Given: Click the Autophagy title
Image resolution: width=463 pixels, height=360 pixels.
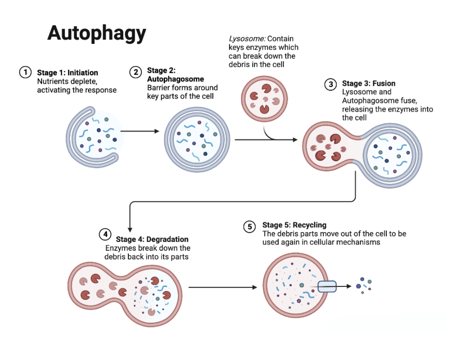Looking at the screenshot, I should [96, 33].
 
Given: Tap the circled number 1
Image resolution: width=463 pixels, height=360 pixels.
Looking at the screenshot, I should [25, 72].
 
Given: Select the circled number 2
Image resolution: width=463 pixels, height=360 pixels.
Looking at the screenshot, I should [136, 72].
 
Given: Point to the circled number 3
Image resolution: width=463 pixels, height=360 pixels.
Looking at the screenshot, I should [330, 85].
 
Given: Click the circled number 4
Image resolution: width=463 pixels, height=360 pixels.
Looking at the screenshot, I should [105, 234].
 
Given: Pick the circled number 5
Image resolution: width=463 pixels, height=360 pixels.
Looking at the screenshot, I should [250, 227].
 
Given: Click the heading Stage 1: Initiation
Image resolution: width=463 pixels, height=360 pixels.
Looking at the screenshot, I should [67, 73].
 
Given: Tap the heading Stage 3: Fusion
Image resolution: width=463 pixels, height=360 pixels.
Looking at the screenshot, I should [369, 84].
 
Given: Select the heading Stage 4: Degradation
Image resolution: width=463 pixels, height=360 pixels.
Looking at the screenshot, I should [152, 240].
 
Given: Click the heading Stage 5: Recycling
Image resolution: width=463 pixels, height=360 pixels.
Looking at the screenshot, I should [294, 225].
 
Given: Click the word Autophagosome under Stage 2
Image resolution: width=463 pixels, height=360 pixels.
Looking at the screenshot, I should [176, 79].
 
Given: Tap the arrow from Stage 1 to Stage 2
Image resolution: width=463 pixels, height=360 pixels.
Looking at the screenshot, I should [140, 131].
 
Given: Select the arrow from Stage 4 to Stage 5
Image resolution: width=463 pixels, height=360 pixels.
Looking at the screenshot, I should [223, 287].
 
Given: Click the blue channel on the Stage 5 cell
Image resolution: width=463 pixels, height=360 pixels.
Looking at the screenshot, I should [327, 286].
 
